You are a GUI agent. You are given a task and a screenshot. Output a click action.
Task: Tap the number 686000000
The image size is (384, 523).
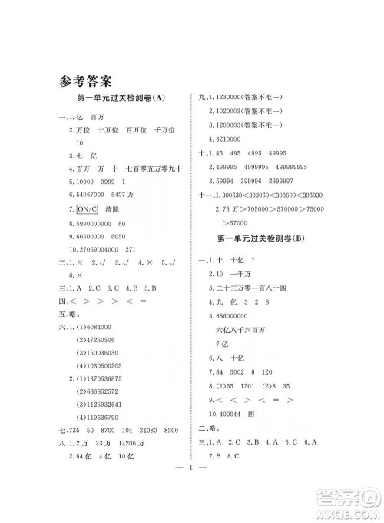[234, 317]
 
